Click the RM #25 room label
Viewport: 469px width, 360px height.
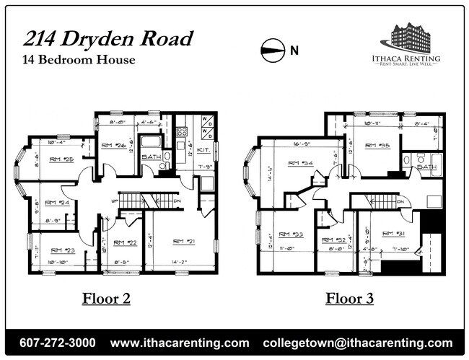click(x=62, y=159)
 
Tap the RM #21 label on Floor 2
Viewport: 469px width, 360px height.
click(x=186, y=241)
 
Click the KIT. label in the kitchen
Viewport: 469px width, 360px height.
click(x=203, y=149)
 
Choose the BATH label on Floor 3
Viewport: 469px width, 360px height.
click(x=427, y=167)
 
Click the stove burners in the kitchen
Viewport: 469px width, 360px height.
click(x=182, y=131)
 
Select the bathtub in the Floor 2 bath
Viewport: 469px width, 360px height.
click(x=150, y=141)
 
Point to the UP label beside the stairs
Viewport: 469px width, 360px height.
click(x=115, y=200)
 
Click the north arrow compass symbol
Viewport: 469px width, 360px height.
click(x=273, y=51)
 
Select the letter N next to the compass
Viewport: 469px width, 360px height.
click(x=294, y=51)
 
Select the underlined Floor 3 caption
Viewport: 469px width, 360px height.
click(x=349, y=298)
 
